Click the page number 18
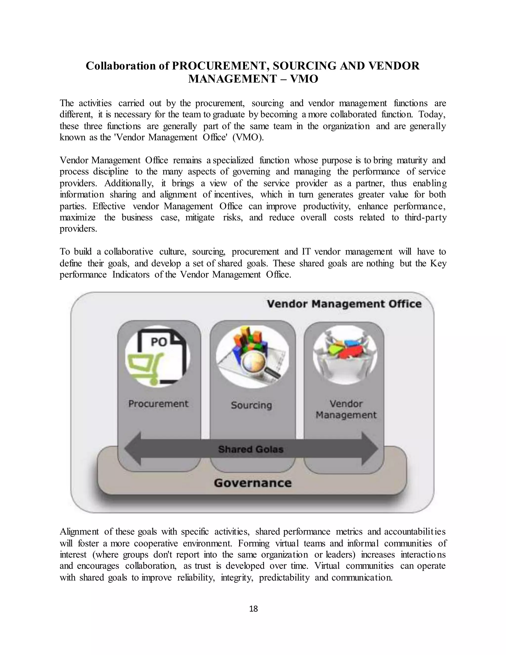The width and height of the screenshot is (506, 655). pos(253,609)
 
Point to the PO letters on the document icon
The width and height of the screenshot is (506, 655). pos(159,342)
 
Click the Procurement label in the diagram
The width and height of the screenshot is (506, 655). pos(158,404)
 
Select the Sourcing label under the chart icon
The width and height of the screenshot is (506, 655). pos(251,405)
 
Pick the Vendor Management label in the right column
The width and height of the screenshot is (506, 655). pos(346,409)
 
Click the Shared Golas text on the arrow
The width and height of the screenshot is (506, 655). pos(251,449)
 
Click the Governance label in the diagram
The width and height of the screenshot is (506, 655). pos(253,483)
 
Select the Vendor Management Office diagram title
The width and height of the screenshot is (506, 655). pos(344,304)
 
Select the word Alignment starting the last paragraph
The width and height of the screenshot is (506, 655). pos(79,532)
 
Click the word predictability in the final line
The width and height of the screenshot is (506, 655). pos(284,578)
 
